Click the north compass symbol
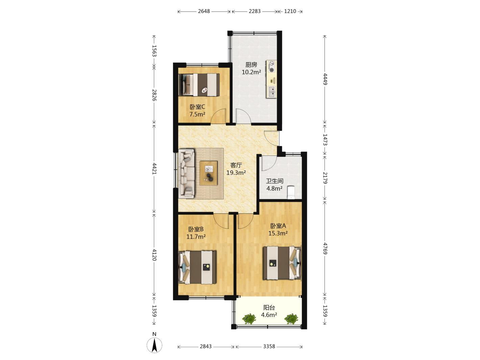click(x=154, y=344)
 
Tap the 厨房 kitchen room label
click(x=251, y=65)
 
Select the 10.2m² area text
click(x=251, y=72)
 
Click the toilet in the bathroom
click(x=291, y=192)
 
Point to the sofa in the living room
click(x=187, y=173)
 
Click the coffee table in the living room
click(x=209, y=173)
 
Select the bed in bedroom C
click(x=199, y=85)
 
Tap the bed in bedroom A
click(x=282, y=263)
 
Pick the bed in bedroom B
click(x=197, y=267)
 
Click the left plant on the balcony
click(x=249, y=319)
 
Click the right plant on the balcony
click(x=291, y=319)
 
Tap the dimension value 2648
click(x=204, y=11)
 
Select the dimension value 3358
click(x=269, y=346)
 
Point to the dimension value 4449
click(x=325, y=79)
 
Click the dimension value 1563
click(x=154, y=51)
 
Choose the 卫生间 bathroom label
click(x=274, y=181)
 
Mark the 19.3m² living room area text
click(x=236, y=173)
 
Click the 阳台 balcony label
click(x=269, y=308)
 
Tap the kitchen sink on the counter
click(x=271, y=92)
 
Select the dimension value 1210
click(x=290, y=11)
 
